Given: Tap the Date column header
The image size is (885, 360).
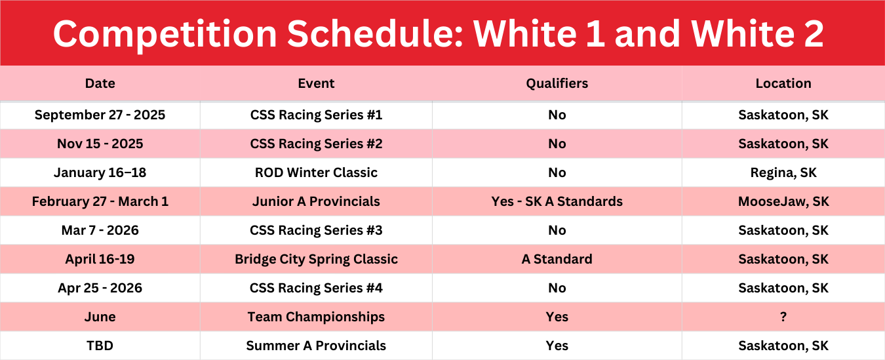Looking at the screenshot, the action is pos(100,83).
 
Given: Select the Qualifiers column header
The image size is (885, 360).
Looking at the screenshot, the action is pos(557,83).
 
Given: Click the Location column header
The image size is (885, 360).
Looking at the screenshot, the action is pos(783,83).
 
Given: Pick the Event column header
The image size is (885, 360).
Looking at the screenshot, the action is pos(316,83).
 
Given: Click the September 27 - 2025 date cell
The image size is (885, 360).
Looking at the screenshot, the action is pos(100,115).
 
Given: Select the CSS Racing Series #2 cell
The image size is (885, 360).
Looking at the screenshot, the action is pos(316,144).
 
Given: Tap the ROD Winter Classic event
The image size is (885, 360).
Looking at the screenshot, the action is pos(316,172).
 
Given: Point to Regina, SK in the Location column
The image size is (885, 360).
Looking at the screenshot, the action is pos(783,172).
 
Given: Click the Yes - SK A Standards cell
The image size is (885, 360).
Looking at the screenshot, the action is pos(557,201).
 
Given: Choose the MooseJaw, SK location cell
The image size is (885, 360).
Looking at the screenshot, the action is pos(783,201).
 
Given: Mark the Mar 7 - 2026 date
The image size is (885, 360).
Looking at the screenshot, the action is pos(100,230).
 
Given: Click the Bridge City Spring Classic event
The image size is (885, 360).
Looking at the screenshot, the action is pos(316,259).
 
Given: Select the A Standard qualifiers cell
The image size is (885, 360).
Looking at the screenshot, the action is pos(557,259).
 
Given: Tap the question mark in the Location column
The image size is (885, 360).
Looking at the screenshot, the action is pos(783,317).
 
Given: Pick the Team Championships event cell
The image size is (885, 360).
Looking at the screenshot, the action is pos(316,317).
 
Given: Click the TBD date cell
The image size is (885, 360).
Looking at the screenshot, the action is pos(100,346).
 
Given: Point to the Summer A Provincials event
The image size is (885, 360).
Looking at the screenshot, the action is pos(316,346).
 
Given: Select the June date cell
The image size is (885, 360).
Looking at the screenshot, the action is pos(100,317).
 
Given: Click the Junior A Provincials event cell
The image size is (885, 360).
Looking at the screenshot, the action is pos(316,201).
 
